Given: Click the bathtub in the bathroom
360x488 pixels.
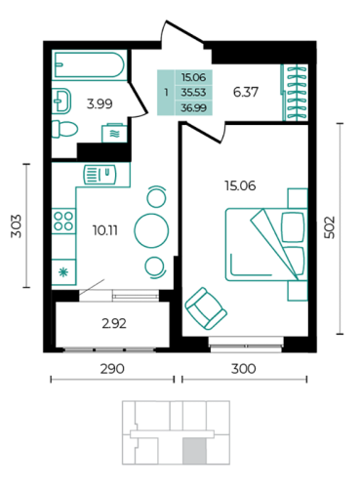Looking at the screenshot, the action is point(89,65).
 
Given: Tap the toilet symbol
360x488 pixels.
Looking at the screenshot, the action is point(64,130).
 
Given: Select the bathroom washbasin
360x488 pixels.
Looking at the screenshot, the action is point(61,101).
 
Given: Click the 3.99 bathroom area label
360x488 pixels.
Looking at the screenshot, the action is point(100,103).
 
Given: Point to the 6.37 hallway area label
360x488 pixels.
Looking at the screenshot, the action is point(246,92).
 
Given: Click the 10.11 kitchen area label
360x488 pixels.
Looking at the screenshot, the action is point(105,230).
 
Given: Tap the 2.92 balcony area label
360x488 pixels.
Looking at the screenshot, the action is point(114,324).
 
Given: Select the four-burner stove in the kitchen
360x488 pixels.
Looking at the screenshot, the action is point(63,221).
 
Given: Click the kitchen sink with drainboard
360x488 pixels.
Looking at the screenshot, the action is point(100,175).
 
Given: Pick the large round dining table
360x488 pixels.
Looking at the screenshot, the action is point(151,230).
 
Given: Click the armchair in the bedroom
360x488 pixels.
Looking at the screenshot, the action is point(206,308).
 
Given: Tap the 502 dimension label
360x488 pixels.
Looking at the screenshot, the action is point(330,227).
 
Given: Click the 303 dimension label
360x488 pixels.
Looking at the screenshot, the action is point(16,226).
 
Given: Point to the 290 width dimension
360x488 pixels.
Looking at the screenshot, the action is point(112,369).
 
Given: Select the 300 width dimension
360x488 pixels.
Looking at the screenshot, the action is point(244,369).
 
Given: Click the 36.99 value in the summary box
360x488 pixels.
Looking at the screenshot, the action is point(194,107).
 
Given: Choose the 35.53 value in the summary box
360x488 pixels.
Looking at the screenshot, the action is point(194,93).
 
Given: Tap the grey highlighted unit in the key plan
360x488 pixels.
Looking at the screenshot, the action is point(194,451).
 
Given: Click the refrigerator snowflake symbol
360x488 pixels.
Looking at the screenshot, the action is point(63,272).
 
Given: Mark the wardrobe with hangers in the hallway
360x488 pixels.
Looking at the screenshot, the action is point(295,93).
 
